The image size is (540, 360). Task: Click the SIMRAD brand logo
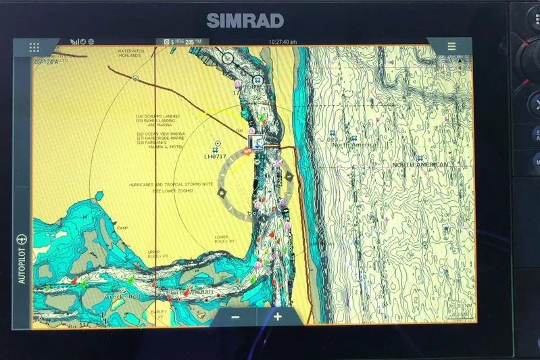[x=245, y=20]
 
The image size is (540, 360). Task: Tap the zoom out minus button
[x=235, y=317]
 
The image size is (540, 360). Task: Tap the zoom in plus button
[x=278, y=317]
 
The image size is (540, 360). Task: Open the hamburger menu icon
[x=451, y=47]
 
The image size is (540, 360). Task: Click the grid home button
[x=34, y=47]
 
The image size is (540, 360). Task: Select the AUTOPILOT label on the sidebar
[x=22, y=260]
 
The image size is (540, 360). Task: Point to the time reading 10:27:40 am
[x=283, y=42]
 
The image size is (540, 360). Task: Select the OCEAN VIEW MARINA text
[x=162, y=134]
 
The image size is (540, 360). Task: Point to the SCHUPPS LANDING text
[x=160, y=116]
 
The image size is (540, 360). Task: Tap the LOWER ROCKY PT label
[x=225, y=240]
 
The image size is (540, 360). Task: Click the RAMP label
[x=122, y=228]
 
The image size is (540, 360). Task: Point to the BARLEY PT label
[x=159, y=314]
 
